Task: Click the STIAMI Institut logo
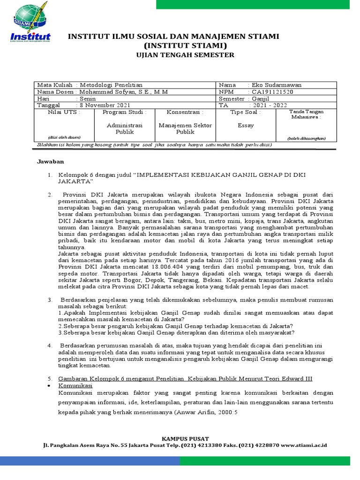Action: [x=31, y=23]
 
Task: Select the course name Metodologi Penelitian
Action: [x=111, y=85]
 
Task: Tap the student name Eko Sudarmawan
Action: [x=277, y=85]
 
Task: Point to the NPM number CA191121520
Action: [x=272, y=92]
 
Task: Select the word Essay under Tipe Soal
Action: [x=246, y=126]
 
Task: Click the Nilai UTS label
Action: [x=64, y=112]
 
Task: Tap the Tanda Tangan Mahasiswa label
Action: [x=307, y=114]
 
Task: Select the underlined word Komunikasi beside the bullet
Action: [x=75, y=385]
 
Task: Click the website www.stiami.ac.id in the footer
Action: [x=304, y=445]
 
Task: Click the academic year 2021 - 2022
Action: [x=270, y=105]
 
